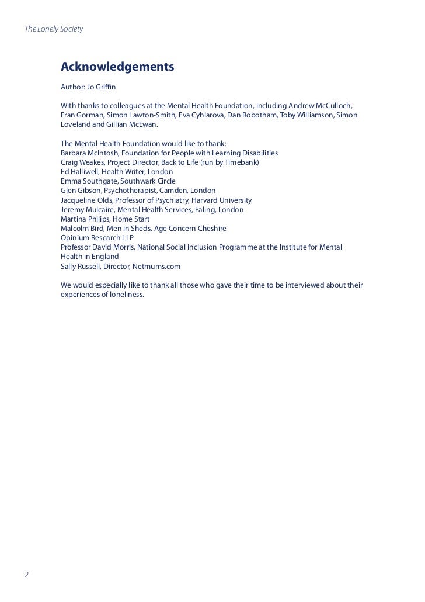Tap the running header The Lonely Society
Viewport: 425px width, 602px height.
click(x=54, y=29)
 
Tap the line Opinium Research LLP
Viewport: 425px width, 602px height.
click(x=97, y=237)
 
